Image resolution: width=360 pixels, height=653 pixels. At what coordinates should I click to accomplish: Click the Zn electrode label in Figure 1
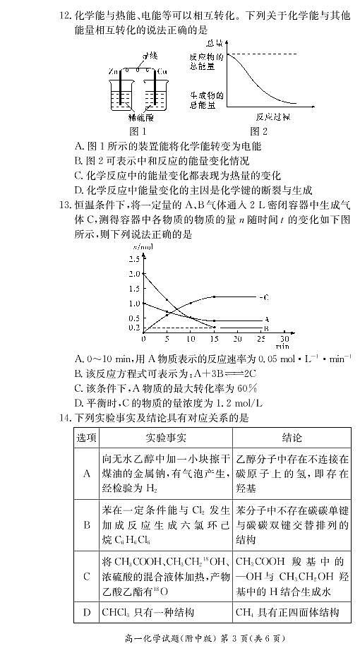[x=112, y=72]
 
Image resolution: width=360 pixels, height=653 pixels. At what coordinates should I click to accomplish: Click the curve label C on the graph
[x=265, y=296]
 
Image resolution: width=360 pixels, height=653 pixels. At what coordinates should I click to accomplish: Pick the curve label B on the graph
[x=265, y=328]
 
